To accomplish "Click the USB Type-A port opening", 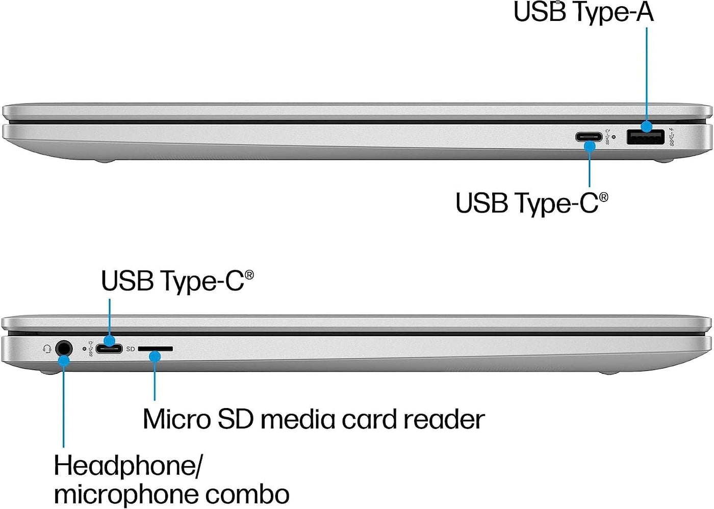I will pos(645,137).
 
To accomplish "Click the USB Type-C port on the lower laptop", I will pos(109,349).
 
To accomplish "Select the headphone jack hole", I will pos(63,348).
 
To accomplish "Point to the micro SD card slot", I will pos(156,349).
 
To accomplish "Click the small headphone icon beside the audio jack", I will pos(47,349).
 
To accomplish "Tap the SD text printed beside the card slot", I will pos(131,349).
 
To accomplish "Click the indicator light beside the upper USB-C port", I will pos(613,137).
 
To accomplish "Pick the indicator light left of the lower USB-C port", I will pos(84,349).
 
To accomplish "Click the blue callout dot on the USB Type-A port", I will pos(647,126).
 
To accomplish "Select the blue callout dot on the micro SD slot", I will pos(155,357).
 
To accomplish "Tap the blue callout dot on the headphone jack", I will pos(63,361).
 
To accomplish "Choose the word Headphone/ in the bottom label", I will pos(128,466).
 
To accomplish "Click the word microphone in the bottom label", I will pos(119,494).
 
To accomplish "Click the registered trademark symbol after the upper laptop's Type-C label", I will pos(603,197).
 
